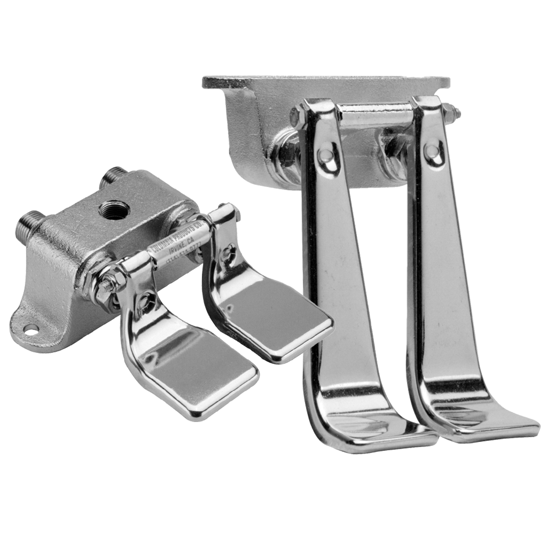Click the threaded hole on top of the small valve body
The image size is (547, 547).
point(113,207)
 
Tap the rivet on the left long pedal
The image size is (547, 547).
point(325,155)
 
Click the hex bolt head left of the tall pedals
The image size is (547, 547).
point(296,117)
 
